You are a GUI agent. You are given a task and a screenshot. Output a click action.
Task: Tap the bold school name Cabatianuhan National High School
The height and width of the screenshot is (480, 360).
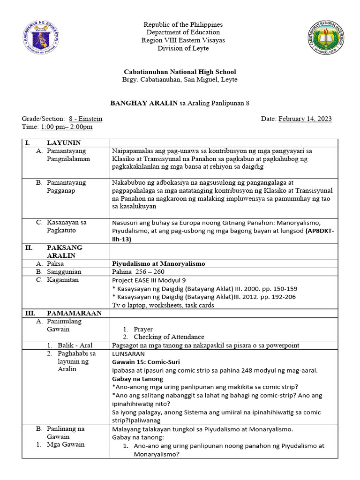point(180,72)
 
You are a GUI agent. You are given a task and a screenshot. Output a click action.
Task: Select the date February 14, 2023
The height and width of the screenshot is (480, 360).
point(305,119)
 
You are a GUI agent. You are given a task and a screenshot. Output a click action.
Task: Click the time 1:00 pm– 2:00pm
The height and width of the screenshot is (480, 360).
point(67,127)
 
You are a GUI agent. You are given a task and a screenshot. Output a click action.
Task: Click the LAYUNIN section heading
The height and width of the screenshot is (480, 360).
point(64,142)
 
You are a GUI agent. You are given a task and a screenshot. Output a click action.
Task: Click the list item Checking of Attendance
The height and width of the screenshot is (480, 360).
point(169,337)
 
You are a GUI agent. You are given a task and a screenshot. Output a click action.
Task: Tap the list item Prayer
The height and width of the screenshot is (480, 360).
point(143,329)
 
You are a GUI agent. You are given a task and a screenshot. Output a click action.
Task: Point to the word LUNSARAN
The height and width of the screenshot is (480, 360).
point(129,354)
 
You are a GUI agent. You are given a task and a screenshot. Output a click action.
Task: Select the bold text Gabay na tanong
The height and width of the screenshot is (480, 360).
point(137,379)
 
